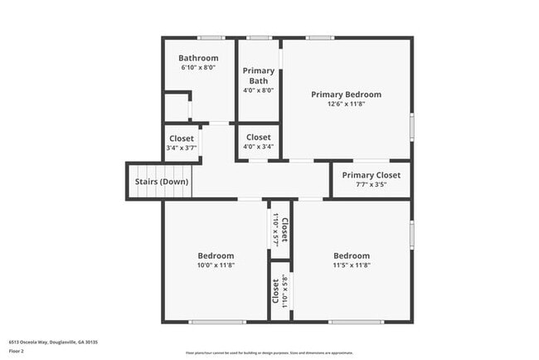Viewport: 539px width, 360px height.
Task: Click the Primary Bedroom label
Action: point(347,95)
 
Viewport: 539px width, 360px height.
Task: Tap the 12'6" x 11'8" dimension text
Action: point(347,105)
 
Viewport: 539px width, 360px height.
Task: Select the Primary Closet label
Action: point(371,175)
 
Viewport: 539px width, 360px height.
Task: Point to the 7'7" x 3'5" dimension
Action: point(371,184)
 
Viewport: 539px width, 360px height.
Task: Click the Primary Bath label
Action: point(259,75)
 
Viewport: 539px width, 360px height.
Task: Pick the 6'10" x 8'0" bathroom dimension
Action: point(198,67)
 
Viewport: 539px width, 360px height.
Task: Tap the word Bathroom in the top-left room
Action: point(198,58)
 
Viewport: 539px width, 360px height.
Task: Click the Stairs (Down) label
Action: point(162,182)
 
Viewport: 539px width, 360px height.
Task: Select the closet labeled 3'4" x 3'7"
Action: point(182,143)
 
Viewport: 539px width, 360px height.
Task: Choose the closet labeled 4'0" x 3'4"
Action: point(258,142)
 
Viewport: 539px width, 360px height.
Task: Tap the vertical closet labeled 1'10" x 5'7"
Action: point(279,228)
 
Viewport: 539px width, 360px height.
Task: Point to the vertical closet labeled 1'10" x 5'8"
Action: point(279,290)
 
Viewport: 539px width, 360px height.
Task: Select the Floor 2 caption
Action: point(17,351)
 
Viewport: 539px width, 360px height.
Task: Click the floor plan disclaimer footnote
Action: point(269,353)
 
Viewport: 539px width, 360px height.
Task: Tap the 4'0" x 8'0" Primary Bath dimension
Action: point(259,90)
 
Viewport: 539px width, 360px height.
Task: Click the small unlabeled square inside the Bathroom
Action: point(176,109)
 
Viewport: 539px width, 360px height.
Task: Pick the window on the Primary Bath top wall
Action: point(260,37)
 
